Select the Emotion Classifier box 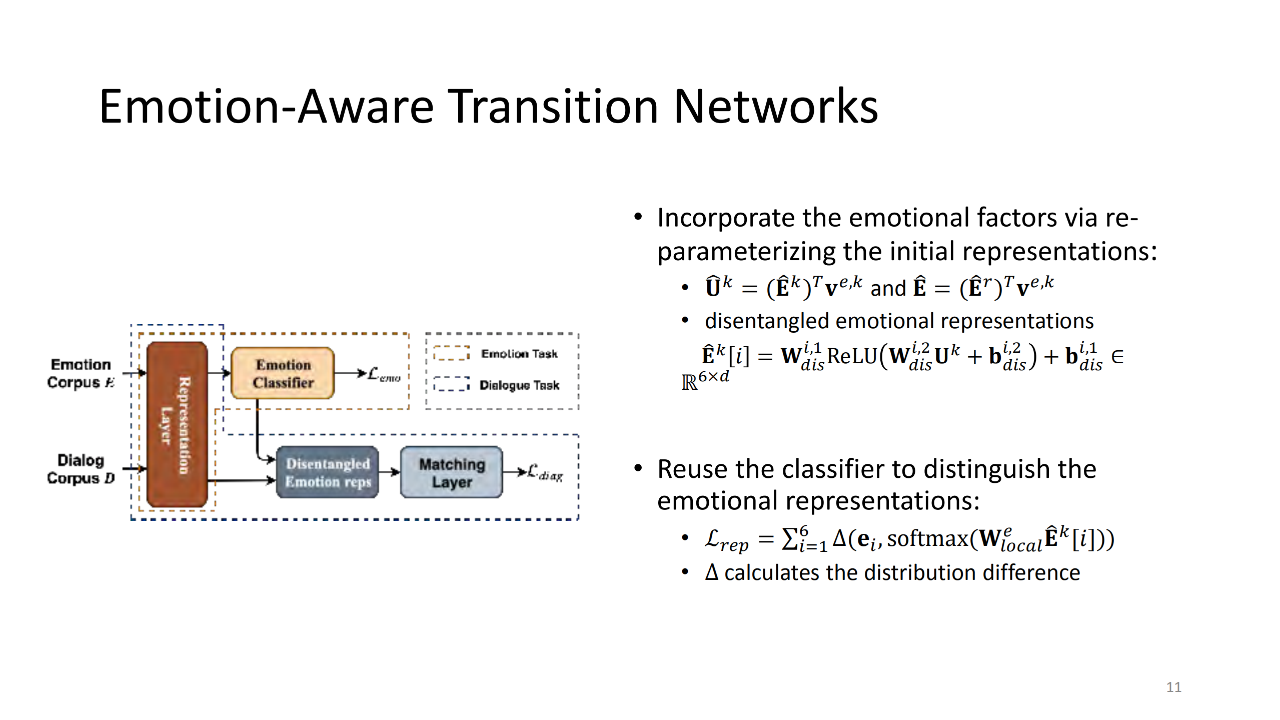[x=283, y=373]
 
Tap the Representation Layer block [x=177, y=424]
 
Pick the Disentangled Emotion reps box [x=328, y=472]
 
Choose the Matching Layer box [x=452, y=472]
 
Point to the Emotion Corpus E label [x=81, y=373]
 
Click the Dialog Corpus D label [x=81, y=469]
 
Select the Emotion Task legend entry [x=519, y=354]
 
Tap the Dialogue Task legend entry [x=519, y=385]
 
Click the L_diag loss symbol [x=545, y=472]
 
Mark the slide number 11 [x=1173, y=687]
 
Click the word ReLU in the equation [x=852, y=356]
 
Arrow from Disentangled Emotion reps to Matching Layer [x=389, y=472]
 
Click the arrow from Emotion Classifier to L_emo [x=350, y=373]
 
